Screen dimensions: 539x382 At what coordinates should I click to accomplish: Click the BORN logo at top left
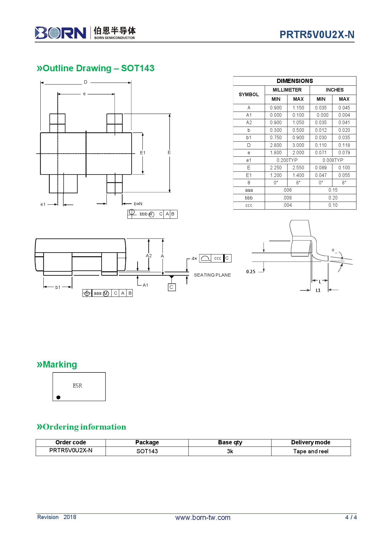pos(61,33)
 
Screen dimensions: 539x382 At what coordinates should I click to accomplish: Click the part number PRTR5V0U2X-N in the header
pos(317,35)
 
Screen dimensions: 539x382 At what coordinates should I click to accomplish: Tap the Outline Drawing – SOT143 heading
pos(95,68)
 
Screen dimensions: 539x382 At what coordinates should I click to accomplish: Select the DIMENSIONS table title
pos(295,81)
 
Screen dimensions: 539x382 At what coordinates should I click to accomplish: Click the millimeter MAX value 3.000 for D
pos(298,145)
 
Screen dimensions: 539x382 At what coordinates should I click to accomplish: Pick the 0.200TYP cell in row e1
pos(287,160)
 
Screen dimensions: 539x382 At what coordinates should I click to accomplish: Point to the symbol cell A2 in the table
pos(249,123)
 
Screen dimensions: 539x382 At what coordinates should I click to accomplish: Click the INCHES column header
pos(334,90)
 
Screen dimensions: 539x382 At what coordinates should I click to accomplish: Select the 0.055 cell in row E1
pos(344,175)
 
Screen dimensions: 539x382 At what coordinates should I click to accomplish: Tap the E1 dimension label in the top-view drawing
pos(143,153)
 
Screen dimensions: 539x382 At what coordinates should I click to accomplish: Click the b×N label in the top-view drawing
pos(138,204)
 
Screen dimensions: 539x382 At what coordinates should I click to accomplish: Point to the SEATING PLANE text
pos(212,275)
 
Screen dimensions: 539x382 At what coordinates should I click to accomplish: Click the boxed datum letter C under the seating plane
pos(171,287)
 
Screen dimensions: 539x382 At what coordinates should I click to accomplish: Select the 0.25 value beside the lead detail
pos(251,272)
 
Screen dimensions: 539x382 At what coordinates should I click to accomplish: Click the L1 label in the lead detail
pos(318,290)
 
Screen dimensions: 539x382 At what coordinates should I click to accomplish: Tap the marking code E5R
pos(77,386)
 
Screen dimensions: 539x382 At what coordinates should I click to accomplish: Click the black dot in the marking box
pos(58,397)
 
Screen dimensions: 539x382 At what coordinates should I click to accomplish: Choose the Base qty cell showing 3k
pos(230,451)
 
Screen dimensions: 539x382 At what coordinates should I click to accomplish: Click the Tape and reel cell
pos(311,451)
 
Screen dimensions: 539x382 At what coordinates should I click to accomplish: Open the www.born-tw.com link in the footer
pos(203,517)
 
